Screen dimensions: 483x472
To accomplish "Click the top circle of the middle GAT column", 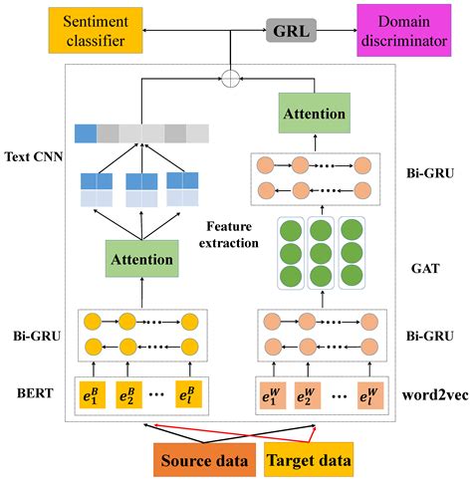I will (x=319, y=227).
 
